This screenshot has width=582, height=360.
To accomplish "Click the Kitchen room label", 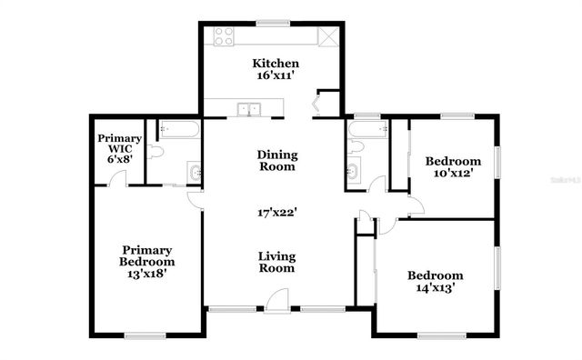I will (276, 64).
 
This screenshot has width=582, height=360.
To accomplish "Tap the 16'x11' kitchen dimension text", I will (276, 77).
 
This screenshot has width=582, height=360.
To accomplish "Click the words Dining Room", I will (276, 161).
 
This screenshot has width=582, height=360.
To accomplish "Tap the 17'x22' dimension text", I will (276, 214).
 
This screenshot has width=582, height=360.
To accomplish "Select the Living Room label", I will (276, 262).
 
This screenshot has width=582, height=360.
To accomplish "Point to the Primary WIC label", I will (115, 146).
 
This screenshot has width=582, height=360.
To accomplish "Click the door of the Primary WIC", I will (115, 177).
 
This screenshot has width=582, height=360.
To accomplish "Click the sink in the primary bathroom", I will (194, 170).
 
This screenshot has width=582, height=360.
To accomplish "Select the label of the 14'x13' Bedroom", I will (435, 282).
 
